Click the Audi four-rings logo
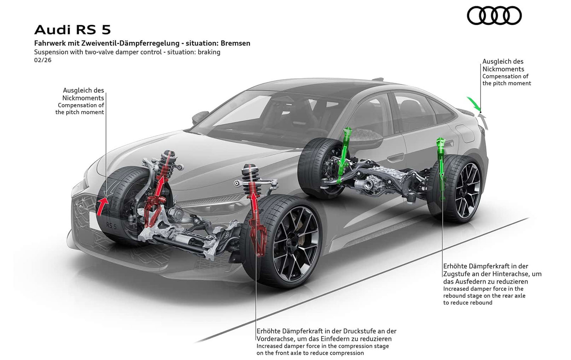(x=494, y=16)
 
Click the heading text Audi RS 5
(x=73, y=30)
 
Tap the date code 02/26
(x=43, y=60)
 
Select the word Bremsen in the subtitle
(x=235, y=43)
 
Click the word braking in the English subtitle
(x=209, y=52)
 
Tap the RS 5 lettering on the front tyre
(x=111, y=226)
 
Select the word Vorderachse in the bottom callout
(x=275, y=339)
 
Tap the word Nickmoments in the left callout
(x=83, y=98)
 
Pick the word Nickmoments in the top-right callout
(x=503, y=69)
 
